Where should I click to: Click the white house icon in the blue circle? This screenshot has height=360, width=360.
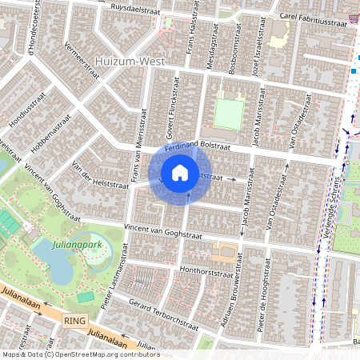pos(180,172)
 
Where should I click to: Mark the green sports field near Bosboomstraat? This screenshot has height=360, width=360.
pos(229,114)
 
